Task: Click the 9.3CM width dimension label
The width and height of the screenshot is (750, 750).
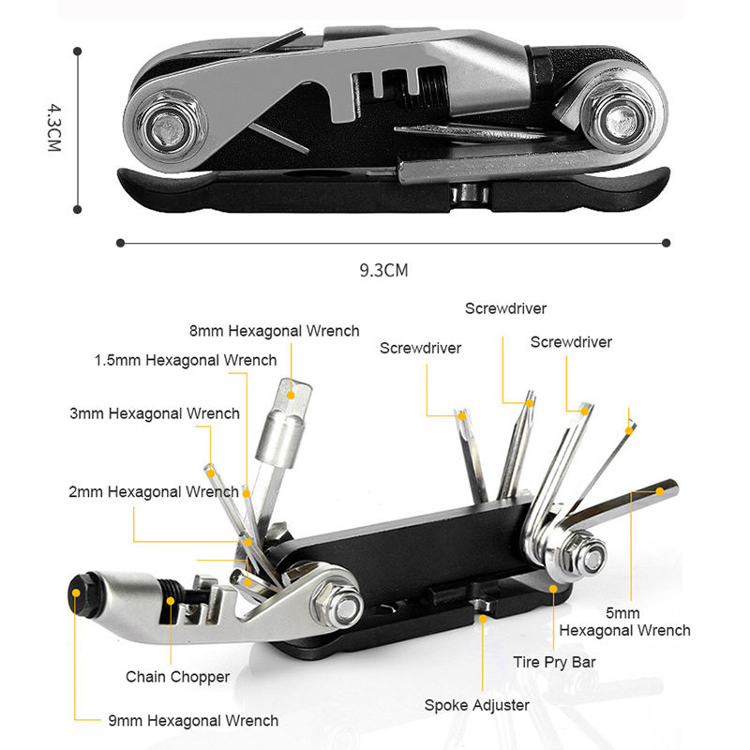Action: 384,271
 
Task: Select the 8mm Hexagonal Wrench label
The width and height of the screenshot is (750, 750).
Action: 274,331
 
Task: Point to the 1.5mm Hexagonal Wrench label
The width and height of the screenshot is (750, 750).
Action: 185,360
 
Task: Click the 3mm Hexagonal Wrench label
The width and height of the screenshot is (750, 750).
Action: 155,413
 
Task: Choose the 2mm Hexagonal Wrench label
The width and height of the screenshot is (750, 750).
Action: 153,492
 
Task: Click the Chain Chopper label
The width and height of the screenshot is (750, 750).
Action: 178,676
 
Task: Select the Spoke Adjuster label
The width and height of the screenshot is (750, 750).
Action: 477,705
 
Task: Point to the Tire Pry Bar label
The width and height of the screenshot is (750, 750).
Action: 555,662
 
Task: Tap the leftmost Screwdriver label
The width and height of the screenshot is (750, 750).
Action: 420,348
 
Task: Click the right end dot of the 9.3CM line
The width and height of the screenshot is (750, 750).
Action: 666,243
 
